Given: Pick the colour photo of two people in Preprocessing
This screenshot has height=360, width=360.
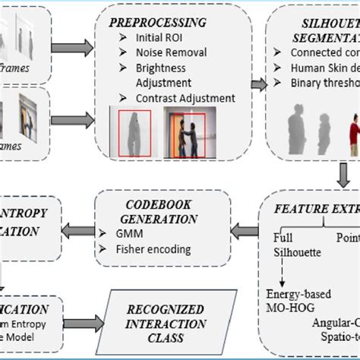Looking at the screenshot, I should click(190, 133).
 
